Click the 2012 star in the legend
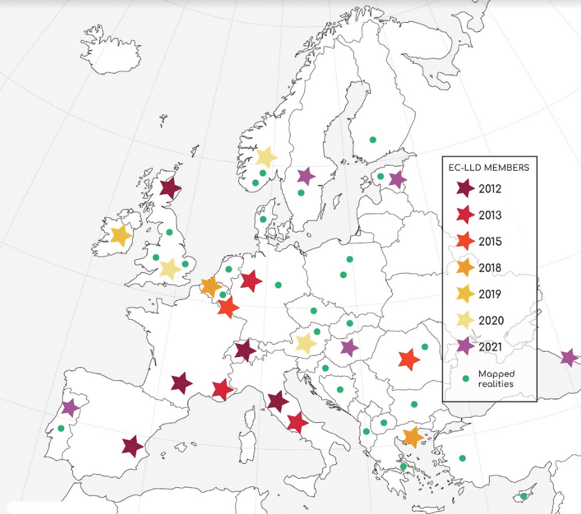[465, 189]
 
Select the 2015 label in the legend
[490, 242]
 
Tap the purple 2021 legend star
[465, 347]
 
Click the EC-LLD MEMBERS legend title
[489, 167]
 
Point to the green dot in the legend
[466, 378]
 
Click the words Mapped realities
[496, 378]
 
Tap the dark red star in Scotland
[170, 189]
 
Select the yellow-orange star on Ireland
[120, 235]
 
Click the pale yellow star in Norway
[266, 156]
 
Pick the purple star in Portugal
[70, 408]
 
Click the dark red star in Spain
[132, 446]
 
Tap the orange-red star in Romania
[408, 359]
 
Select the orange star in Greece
[412, 436]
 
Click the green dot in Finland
[373, 139]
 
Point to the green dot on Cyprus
[524, 496]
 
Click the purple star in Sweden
[305, 176]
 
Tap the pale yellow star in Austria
[305, 343]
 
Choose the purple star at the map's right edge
[569, 357]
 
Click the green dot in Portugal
[61, 428]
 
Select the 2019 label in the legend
[490, 294]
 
